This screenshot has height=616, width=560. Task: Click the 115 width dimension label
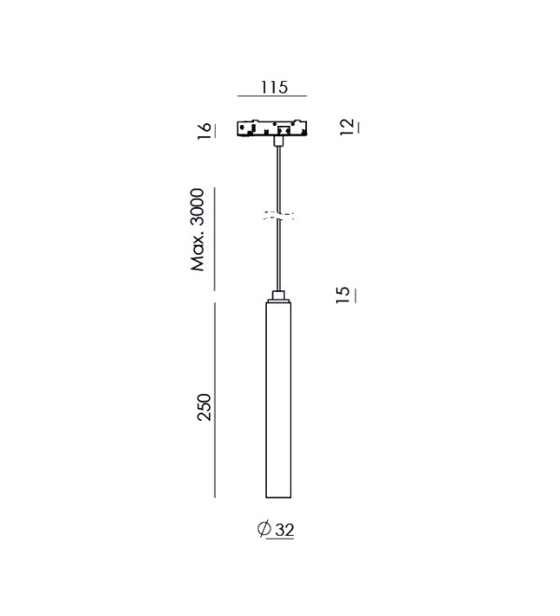(x=273, y=87)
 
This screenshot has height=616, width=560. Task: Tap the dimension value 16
(x=204, y=131)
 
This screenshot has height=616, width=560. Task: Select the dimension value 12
(x=346, y=127)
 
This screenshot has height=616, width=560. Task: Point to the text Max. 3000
(x=197, y=230)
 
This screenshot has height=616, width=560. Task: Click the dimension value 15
(x=343, y=295)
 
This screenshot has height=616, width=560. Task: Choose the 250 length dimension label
(x=204, y=407)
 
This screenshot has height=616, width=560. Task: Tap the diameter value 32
(x=285, y=530)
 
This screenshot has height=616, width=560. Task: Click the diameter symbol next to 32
(x=264, y=528)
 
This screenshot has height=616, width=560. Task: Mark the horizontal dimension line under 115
(x=272, y=96)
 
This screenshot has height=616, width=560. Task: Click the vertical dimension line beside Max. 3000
(x=215, y=239)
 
